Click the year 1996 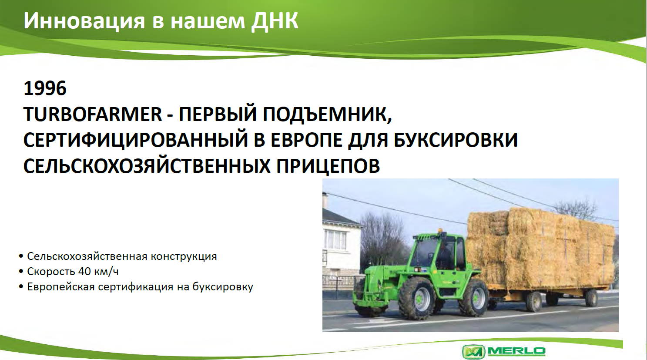[45, 88]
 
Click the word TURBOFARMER [92, 114]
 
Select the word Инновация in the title [84, 21]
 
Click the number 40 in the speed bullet [82, 272]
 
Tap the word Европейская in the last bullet [60, 287]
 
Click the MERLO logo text [516, 351]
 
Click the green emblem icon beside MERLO [474, 352]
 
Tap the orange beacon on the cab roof [440, 231]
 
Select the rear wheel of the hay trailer [591, 298]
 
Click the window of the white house [335, 240]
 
